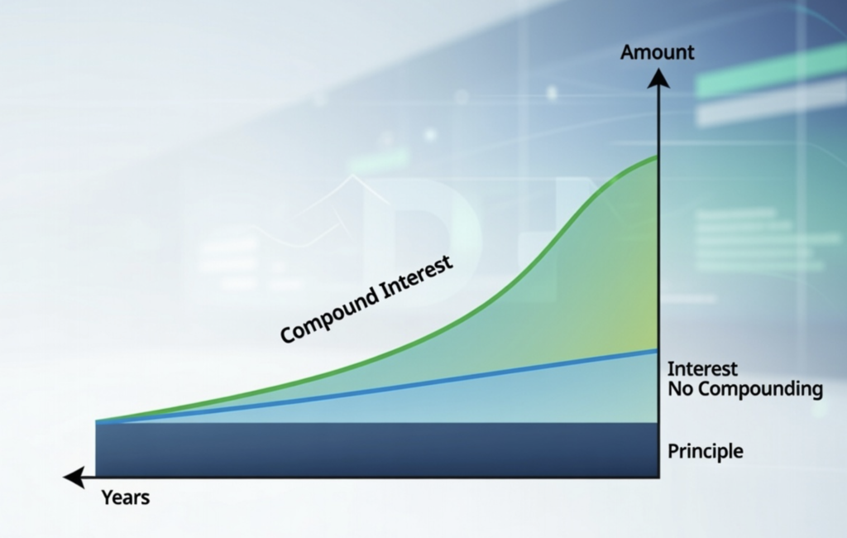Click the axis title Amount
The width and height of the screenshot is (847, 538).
pyautogui.click(x=658, y=53)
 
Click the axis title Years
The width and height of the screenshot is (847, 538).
pyautogui.click(x=125, y=497)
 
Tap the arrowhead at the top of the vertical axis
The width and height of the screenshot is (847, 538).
pyautogui.click(x=658, y=79)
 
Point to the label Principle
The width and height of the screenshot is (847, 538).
pyautogui.click(x=705, y=452)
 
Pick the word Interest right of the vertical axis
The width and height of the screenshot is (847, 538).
pyautogui.click(x=702, y=369)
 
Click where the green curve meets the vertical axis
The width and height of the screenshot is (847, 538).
pyautogui.click(x=658, y=156)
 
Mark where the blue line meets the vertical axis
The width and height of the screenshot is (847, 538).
pyautogui.click(x=658, y=351)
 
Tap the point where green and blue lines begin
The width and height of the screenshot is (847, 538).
pyautogui.click(x=98, y=422)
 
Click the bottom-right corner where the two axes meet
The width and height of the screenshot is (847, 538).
pyautogui.click(x=658, y=478)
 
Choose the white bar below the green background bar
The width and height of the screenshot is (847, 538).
pyautogui.click(x=769, y=106)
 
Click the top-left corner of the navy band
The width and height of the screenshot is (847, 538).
pyautogui.click(x=97, y=425)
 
